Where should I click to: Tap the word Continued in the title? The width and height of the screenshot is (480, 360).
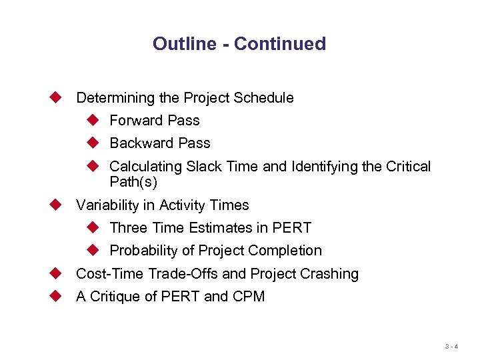click(280, 44)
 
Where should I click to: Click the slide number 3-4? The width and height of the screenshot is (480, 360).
click(451, 346)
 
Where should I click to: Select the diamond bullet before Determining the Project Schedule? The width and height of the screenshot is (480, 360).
click(56, 97)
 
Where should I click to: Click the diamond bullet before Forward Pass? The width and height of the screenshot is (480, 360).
click(93, 120)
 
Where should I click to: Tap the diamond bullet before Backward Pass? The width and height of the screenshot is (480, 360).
click(93, 143)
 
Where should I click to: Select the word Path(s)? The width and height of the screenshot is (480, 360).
click(133, 182)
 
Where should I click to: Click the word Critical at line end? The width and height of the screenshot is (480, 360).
click(409, 167)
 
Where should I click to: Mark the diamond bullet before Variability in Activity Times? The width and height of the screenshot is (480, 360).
click(56, 205)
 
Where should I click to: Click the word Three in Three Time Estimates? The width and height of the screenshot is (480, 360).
click(129, 228)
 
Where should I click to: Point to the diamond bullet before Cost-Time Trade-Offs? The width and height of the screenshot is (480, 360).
click(56, 273)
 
